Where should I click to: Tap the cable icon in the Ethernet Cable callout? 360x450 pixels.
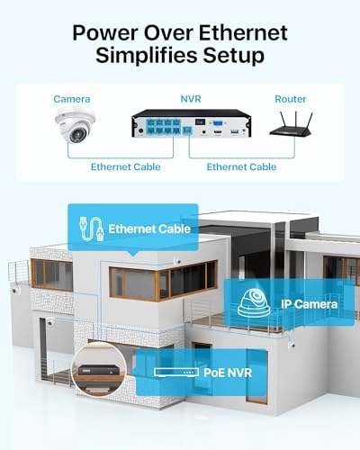[90, 229]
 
